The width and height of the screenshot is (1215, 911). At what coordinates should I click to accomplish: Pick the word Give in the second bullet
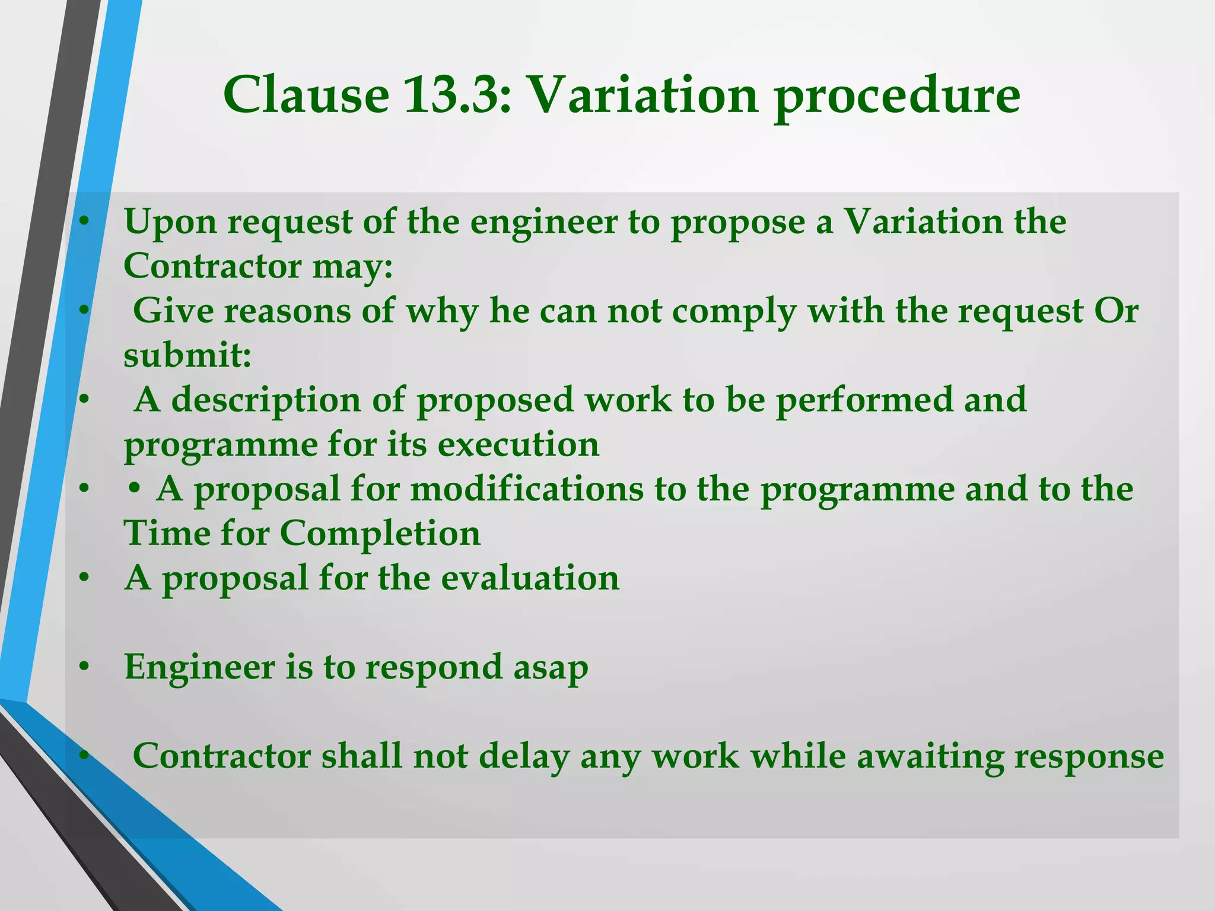173,311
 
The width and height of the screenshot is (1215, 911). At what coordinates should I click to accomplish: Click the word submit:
187,356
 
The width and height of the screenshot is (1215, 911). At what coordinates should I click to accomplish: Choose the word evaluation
530,578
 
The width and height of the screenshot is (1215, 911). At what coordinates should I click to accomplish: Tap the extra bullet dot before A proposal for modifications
135,489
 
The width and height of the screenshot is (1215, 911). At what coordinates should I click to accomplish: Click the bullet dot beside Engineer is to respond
84,667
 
